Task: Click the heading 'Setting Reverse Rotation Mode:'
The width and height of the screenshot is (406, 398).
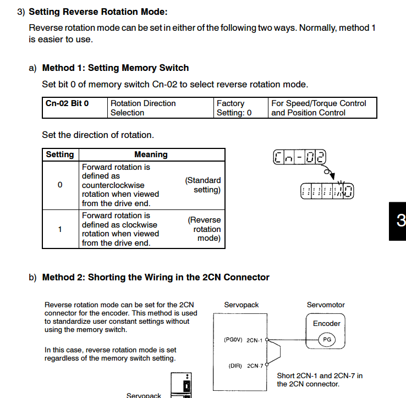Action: [x=98, y=12]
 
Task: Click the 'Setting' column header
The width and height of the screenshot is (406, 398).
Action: [x=60, y=154]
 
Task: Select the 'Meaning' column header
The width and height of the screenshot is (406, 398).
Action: [x=151, y=154]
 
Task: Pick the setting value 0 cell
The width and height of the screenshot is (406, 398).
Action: [x=60, y=185]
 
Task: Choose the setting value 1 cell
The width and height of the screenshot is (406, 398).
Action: [x=60, y=229]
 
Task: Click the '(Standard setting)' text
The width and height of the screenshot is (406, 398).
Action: [x=203, y=185]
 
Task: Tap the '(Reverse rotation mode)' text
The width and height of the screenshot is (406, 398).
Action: [x=204, y=229]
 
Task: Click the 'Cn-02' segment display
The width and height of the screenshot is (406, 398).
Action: [x=299, y=158]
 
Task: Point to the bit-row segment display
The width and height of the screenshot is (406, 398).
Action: [x=327, y=191]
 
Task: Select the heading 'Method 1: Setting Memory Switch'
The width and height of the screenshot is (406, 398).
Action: [x=116, y=68]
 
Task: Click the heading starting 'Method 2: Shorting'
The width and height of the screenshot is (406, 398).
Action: [x=156, y=277]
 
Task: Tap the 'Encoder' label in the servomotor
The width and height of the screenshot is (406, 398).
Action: [x=327, y=323]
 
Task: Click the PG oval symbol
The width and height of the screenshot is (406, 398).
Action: [x=327, y=340]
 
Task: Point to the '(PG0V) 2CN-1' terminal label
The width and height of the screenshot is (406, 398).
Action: [x=244, y=340]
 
